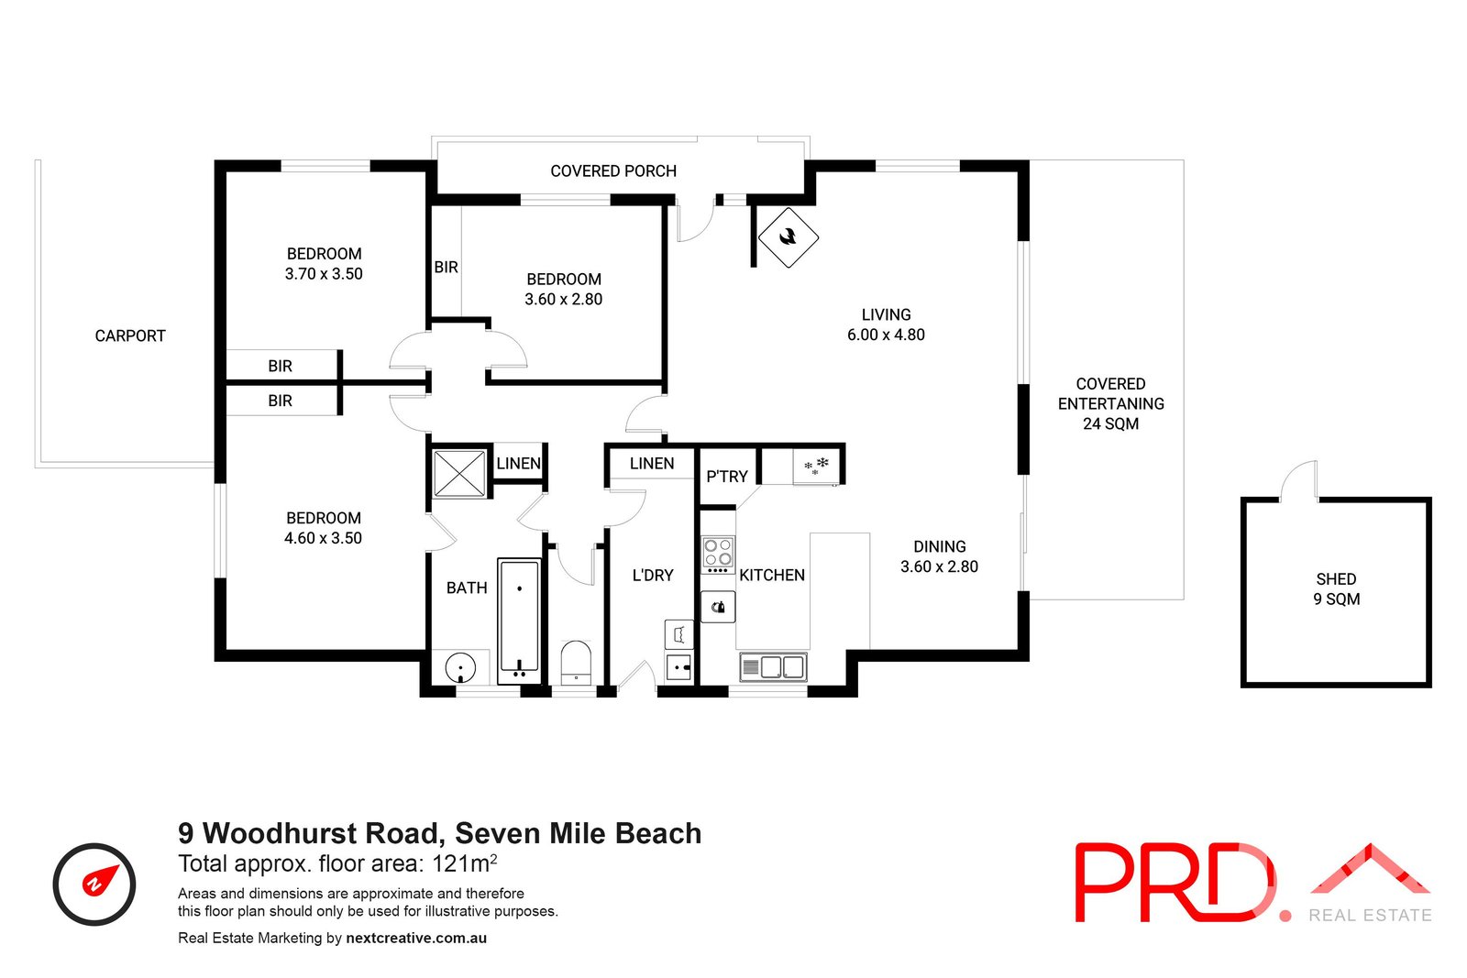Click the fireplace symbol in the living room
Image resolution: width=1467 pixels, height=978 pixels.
(788, 237)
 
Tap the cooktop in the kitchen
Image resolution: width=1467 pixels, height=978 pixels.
(718, 554)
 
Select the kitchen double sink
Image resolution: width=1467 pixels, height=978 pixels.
(773, 666)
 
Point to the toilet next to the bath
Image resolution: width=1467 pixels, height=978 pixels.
(576, 662)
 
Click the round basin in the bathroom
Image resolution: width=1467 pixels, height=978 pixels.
(460, 666)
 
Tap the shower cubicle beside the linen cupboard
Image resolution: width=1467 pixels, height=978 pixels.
(458, 473)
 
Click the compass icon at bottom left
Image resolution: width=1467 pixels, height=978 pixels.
(94, 884)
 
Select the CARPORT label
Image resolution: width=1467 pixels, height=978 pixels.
(130, 336)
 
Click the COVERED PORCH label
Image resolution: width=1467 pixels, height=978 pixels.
(613, 171)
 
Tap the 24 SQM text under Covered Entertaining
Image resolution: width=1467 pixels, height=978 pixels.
(1110, 423)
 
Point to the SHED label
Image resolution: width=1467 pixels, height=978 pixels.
(1336, 579)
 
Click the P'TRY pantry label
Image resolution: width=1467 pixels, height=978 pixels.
(727, 477)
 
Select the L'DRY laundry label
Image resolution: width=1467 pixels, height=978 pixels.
(653, 576)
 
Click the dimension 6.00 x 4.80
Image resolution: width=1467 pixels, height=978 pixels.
(886, 335)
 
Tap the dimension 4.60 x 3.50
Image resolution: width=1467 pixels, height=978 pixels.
(323, 539)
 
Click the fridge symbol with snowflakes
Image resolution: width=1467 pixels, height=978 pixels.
(815, 467)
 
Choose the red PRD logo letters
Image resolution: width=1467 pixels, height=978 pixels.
(1174, 882)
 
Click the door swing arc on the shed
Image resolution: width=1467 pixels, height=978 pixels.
(1298, 478)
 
